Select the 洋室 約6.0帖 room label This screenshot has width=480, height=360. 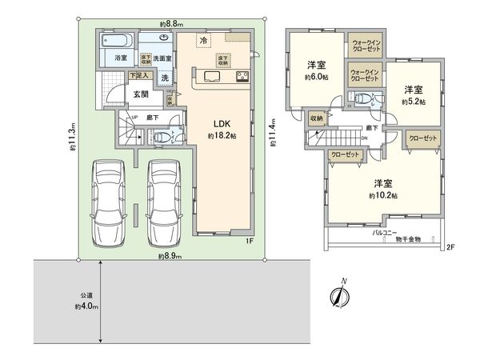tap(314, 70)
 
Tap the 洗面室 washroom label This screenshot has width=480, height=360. tap(163, 58)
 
